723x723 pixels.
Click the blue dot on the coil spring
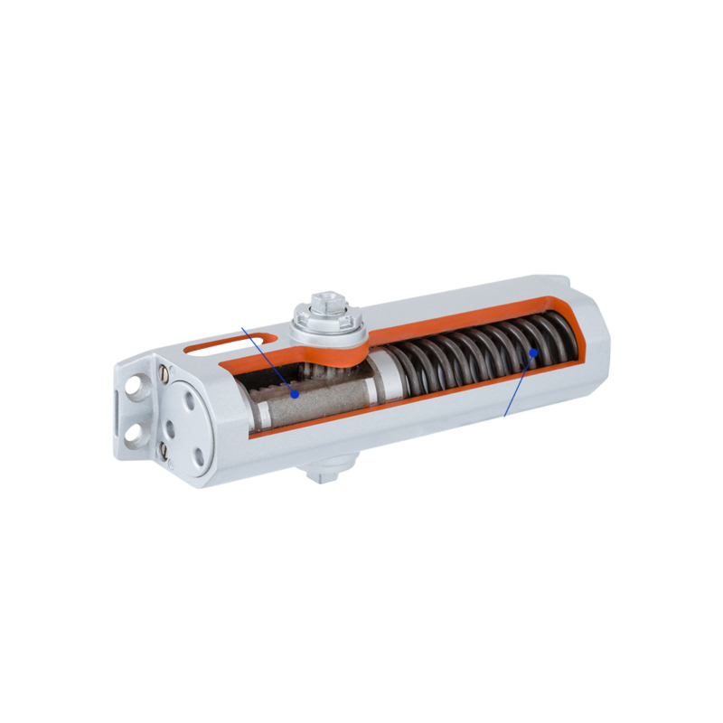point(534,352)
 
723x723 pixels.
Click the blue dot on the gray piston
point(295,393)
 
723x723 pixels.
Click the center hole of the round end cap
point(180,425)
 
